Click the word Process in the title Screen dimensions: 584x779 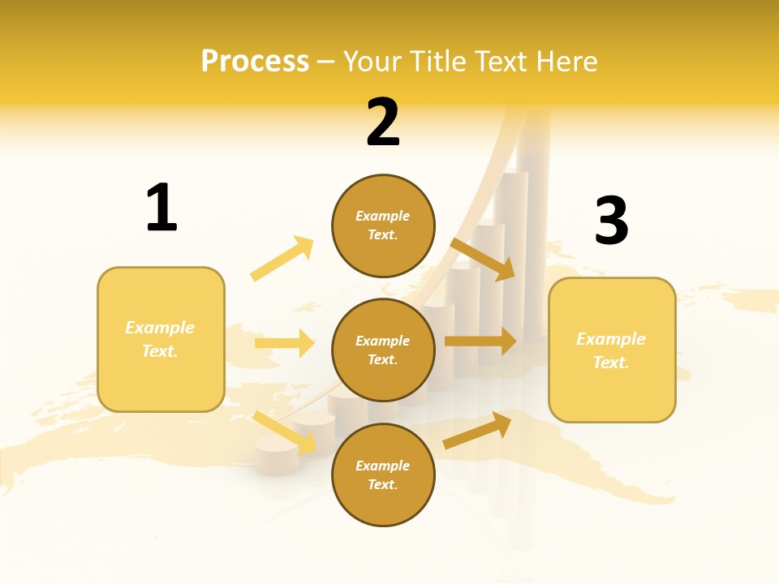(x=255, y=62)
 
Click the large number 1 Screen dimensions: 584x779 (x=161, y=208)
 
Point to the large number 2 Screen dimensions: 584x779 (x=383, y=122)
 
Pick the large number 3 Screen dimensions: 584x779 (x=611, y=220)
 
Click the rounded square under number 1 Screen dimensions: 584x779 (x=161, y=339)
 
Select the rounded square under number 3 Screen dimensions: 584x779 (x=612, y=350)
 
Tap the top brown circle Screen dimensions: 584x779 (x=383, y=225)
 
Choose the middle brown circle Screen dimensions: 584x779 (x=383, y=350)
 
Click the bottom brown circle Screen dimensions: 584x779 (x=383, y=474)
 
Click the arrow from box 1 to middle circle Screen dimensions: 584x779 (x=285, y=343)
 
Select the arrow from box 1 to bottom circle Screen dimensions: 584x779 (x=285, y=432)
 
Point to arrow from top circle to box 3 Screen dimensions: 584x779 (x=484, y=259)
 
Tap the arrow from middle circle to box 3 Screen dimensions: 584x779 (x=480, y=341)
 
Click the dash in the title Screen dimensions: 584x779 (x=326, y=62)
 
